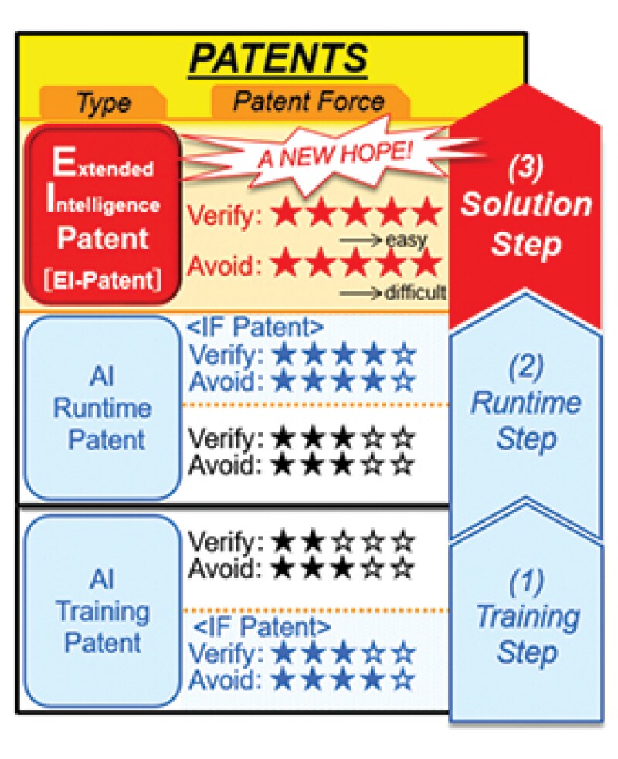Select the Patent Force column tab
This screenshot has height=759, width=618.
(309, 102)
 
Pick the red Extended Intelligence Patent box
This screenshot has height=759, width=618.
(103, 212)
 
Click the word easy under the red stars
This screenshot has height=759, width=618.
(406, 241)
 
